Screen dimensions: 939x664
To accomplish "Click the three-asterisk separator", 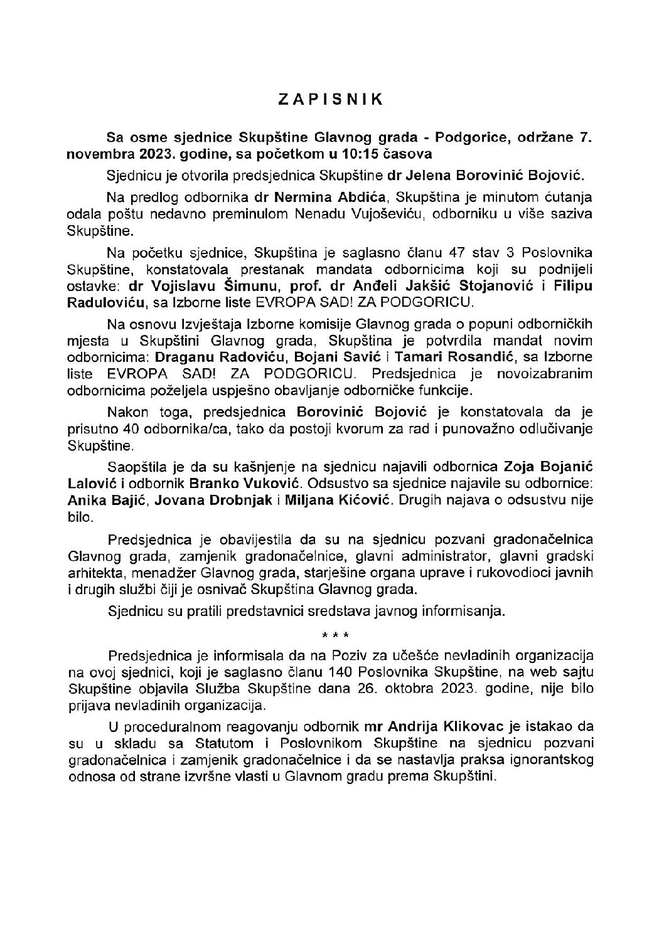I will tap(331, 636).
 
